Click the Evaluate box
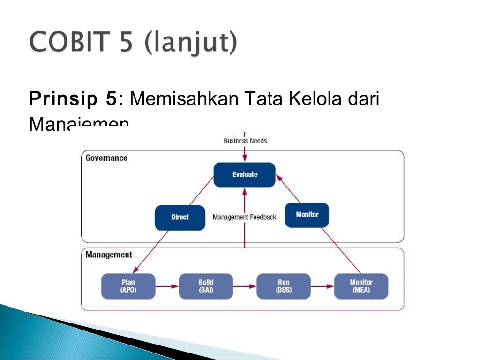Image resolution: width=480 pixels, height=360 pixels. click(x=244, y=174)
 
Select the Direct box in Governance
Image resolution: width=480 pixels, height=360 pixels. click(x=180, y=217)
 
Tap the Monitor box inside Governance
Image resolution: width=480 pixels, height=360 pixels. click(x=307, y=215)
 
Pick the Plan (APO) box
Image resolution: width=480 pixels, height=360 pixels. click(x=128, y=286)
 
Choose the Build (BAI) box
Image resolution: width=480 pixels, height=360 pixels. click(x=206, y=286)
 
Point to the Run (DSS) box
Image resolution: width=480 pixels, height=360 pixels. click(x=283, y=286)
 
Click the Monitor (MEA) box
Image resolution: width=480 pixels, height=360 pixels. click(x=361, y=286)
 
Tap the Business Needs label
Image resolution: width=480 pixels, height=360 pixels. click(x=245, y=141)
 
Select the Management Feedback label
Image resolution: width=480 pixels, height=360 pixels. click(x=244, y=217)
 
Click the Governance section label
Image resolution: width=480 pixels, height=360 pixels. click(x=106, y=158)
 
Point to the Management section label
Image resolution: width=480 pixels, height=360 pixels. click(x=109, y=255)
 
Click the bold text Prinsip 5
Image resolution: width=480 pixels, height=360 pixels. click(x=73, y=99)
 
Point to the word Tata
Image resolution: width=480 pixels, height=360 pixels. click(x=259, y=99)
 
